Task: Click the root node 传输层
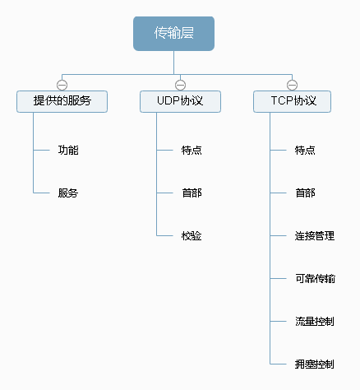[173, 34]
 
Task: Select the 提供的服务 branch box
[62, 101]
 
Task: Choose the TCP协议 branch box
[292, 101]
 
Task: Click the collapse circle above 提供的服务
[62, 84]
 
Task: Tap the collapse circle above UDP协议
[180, 84]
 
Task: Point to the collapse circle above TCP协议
[292, 84]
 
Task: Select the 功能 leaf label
[68, 151]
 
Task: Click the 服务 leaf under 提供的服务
[68, 193]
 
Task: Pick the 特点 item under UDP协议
[192, 151]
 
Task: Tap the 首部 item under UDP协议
[192, 193]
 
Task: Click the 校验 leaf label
[192, 236]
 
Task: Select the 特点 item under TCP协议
[305, 151]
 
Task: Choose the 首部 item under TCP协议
[305, 193]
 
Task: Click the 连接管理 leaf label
[315, 236]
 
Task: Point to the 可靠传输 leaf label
[315, 279]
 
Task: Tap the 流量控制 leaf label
[315, 321]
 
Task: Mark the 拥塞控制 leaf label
[315, 364]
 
